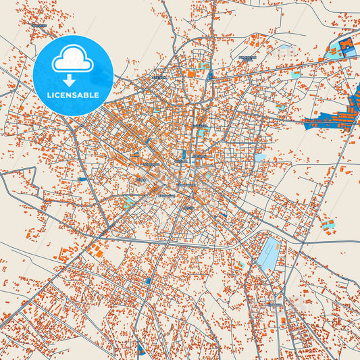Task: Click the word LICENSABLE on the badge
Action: pyautogui.click(x=74, y=95)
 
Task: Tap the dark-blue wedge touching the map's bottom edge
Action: pyautogui.click(x=140, y=349)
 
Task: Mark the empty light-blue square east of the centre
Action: pyautogui.click(x=260, y=157)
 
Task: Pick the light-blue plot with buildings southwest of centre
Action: pyautogui.click(x=128, y=201)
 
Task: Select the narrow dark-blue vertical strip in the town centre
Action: pyautogui.click(x=184, y=155)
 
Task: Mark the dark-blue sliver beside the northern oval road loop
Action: pyautogui.click(x=210, y=75)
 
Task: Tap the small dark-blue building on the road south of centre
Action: pyautogui.click(x=149, y=280)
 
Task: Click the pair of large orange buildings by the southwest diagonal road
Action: pyautogui.click(x=96, y=251)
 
